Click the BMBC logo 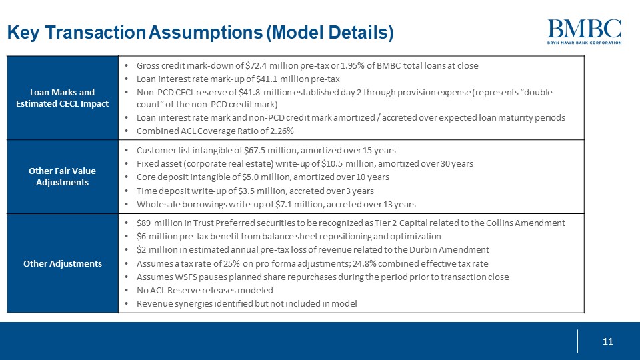point(584,31)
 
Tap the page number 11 point(607,341)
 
